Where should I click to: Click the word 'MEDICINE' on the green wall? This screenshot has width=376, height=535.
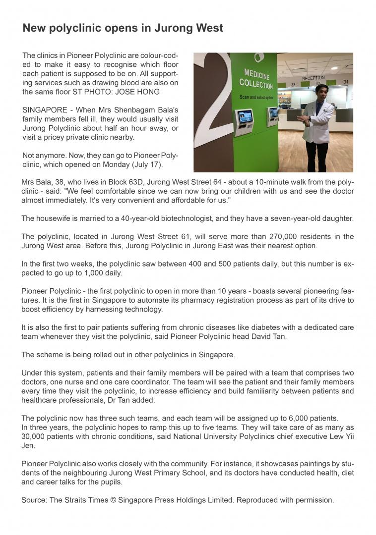[x=256, y=74]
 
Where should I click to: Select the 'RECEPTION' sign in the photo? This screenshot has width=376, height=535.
[x=313, y=78]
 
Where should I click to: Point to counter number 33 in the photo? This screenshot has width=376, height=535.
[x=293, y=85]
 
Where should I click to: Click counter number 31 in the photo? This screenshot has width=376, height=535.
[x=346, y=82]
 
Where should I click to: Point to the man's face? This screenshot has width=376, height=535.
[x=321, y=93]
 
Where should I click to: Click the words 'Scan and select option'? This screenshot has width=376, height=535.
[x=256, y=97]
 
